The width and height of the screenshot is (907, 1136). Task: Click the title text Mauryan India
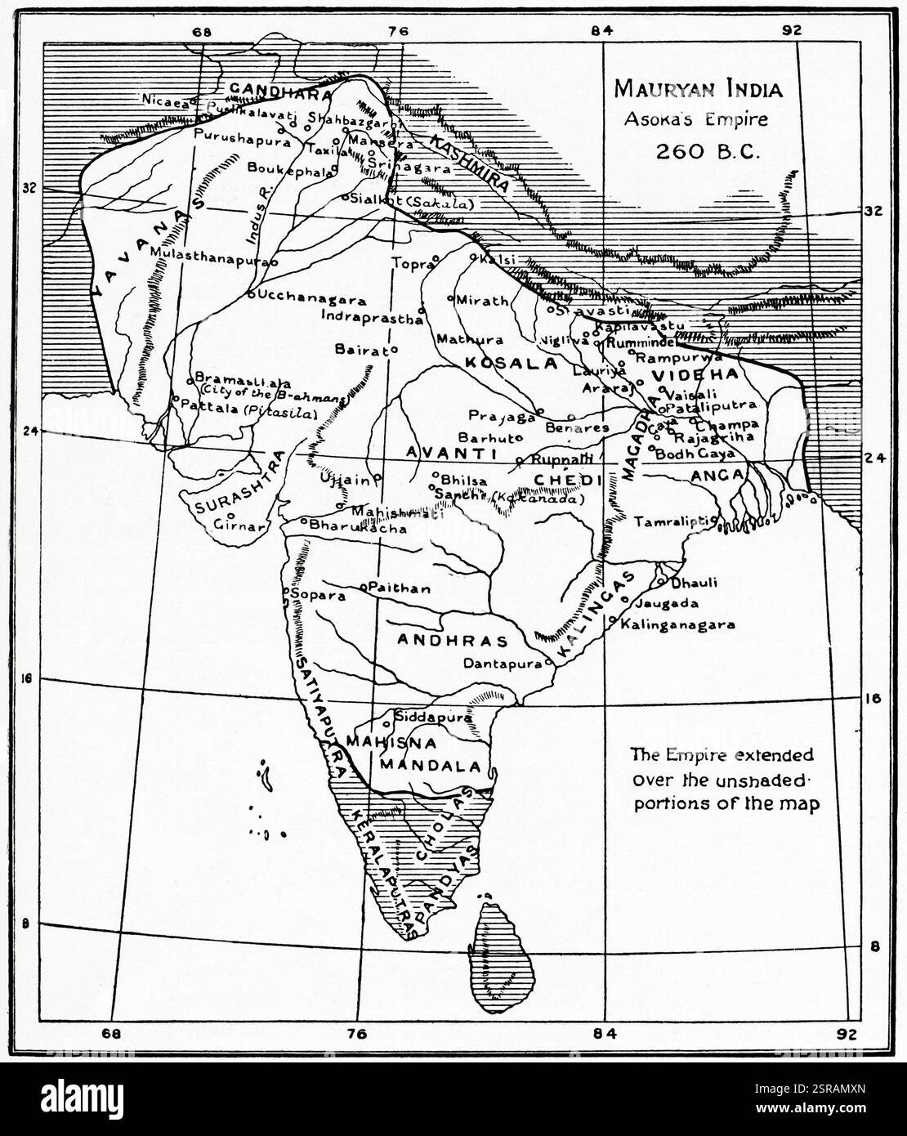(x=698, y=89)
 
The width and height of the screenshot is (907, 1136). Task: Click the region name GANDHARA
(x=279, y=90)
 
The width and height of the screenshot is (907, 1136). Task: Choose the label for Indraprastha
(x=373, y=317)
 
